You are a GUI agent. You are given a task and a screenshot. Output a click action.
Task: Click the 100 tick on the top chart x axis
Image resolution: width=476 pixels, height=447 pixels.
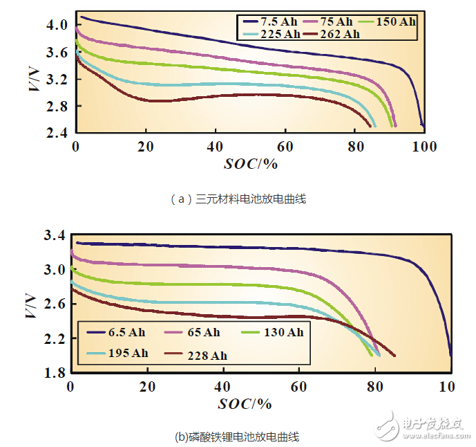tap(423, 147)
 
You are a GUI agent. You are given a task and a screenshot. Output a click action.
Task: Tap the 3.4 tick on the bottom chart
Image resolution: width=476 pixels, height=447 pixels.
tap(55, 236)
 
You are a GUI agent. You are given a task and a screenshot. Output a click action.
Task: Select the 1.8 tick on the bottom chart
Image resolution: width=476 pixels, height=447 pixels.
tap(55, 373)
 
